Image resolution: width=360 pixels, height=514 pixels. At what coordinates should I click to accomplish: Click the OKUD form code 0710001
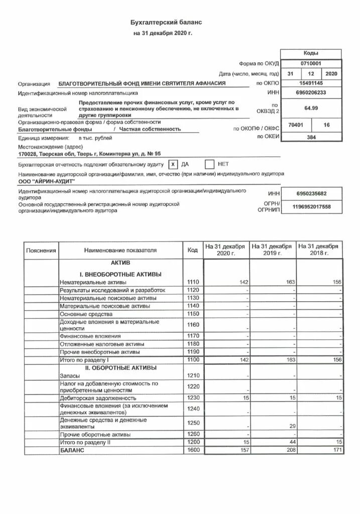point(311,64)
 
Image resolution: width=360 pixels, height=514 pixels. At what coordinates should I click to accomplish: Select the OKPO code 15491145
point(311,83)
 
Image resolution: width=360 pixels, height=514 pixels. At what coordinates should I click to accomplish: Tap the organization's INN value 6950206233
point(311,93)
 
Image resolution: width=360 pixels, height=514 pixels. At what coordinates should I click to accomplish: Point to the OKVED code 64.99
point(311,107)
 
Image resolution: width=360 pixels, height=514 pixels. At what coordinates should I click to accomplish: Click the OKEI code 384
point(311,137)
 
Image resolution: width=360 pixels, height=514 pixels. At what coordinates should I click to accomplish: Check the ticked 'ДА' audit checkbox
point(172,164)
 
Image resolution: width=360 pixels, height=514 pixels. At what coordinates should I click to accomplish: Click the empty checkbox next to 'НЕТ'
point(210,164)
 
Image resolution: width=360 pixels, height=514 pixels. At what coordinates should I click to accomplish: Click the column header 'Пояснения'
point(41,250)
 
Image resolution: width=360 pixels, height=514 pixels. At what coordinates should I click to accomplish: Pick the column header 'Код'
point(193,250)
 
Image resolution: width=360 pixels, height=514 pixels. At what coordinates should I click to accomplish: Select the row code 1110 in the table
point(193,283)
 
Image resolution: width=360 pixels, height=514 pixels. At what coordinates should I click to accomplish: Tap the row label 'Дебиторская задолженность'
point(97,399)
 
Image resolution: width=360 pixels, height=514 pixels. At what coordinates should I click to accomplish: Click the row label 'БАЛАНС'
point(72,450)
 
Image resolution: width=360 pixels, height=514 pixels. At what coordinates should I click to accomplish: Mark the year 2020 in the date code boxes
point(332,74)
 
